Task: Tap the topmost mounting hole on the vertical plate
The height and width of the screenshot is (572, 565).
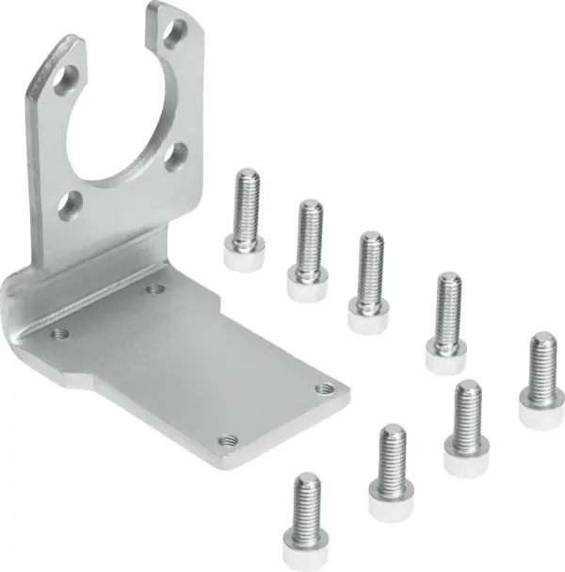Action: click(x=173, y=36)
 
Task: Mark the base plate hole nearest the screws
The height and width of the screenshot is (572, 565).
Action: click(x=325, y=387)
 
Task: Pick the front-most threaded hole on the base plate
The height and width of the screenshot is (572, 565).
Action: click(x=226, y=439)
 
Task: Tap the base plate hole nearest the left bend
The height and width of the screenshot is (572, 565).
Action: click(x=61, y=333)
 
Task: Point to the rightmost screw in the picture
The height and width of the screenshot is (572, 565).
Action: click(x=540, y=378)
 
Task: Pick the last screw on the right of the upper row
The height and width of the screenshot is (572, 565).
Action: click(x=447, y=320)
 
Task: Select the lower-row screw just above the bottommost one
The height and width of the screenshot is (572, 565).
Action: click(x=389, y=471)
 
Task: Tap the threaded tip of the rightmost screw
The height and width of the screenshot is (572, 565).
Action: click(x=541, y=341)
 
